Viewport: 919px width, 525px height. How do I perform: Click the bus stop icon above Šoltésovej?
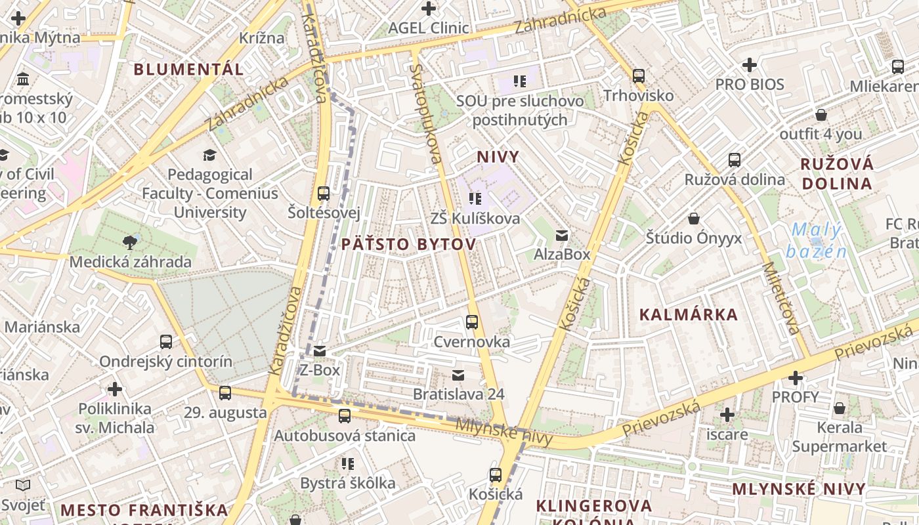(x=323, y=193)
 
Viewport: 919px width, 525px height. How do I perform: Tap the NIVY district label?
(x=498, y=157)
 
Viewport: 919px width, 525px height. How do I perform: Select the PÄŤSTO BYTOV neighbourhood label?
(x=408, y=244)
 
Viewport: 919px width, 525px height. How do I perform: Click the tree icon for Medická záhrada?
(x=130, y=242)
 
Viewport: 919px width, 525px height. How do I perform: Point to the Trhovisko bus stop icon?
(x=639, y=75)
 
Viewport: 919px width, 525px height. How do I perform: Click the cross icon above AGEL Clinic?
(x=429, y=9)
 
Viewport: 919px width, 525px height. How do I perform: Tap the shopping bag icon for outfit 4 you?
(x=821, y=115)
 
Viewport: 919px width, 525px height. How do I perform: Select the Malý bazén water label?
(x=815, y=240)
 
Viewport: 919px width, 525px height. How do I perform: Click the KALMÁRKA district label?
(x=689, y=314)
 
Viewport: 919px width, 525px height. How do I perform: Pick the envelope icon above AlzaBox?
(x=561, y=235)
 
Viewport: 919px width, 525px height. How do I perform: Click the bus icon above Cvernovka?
(x=471, y=322)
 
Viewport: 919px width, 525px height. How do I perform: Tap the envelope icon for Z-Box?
(x=320, y=351)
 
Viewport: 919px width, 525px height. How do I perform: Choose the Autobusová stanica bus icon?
(x=344, y=415)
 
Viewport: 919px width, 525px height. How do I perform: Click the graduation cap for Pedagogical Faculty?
(x=209, y=155)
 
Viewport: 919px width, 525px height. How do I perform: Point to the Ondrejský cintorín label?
(x=165, y=361)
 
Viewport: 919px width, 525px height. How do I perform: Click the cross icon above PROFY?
(x=796, y=378)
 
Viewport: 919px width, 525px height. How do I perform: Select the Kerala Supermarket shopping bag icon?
(x=839, y=408)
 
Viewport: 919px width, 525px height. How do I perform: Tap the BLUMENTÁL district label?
(x=188, y=69)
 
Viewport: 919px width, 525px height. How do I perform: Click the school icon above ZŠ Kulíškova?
(x=475, y=198)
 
